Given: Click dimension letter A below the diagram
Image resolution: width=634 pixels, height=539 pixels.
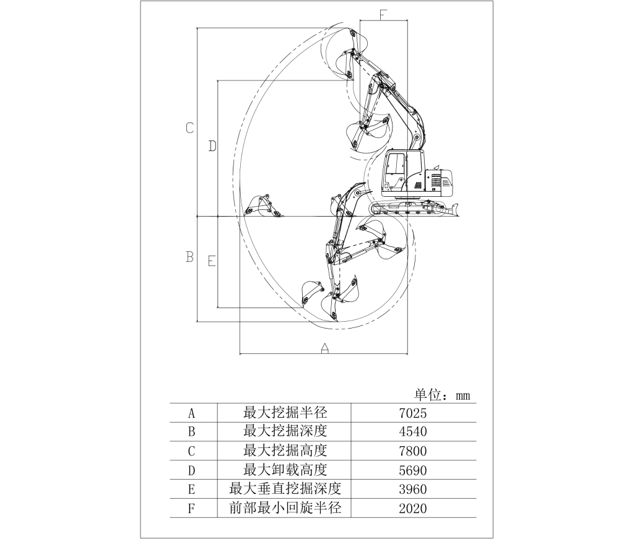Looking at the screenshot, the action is click(x=324, y=348).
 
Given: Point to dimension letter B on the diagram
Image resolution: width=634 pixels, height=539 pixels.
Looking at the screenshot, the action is click(x=189, y=257).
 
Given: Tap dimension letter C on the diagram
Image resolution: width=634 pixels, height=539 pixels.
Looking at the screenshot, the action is click(x=189, y=128).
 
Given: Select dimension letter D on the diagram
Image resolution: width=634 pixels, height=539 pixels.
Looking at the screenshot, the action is click(x=212, y=146).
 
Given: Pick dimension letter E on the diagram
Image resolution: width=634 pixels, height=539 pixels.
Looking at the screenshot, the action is click(x=212, y=261).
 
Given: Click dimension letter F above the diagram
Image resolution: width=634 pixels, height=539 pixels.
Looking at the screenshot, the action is click(x=383, y=14).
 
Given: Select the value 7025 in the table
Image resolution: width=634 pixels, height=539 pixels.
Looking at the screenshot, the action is click(x=413, y=413).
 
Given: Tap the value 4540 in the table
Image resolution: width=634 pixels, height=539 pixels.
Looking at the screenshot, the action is click(x=413, y=431).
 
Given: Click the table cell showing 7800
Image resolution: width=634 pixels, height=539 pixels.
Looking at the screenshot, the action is click(x=413, y=451).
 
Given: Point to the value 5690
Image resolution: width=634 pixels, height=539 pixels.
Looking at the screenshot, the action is click(x=413, y=470).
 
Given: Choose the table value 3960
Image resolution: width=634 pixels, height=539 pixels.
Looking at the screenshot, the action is click(x=413, y=489).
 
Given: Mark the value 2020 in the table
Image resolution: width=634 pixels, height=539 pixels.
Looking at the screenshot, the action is click(x=413, y=508).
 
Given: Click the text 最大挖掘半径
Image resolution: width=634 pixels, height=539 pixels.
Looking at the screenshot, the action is click(x=285, y=413).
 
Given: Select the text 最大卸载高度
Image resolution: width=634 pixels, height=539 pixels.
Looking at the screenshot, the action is click(x=285, y=470).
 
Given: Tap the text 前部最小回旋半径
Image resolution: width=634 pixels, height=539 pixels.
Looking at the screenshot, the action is click(x=285, y=508).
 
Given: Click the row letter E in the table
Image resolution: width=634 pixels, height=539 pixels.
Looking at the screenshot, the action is click(x=192, y=489).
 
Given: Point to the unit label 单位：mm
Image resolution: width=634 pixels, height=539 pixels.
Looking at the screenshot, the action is click(x=442, y=395).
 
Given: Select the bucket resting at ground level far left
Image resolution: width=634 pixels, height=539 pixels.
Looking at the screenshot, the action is click(x=262, y=206).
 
